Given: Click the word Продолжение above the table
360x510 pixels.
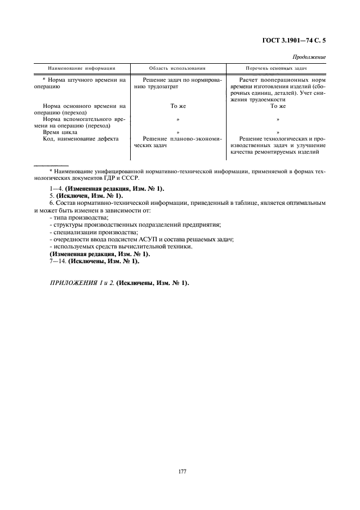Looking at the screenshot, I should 309,57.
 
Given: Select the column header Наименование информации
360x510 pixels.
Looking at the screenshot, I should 82,69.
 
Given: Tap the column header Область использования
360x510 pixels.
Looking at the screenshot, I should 178,69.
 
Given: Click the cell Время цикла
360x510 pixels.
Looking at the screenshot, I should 60,132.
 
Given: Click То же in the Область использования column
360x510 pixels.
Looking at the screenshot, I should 178,106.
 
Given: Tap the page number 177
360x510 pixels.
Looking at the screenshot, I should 182,471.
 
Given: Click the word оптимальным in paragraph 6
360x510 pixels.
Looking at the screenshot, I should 307,203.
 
